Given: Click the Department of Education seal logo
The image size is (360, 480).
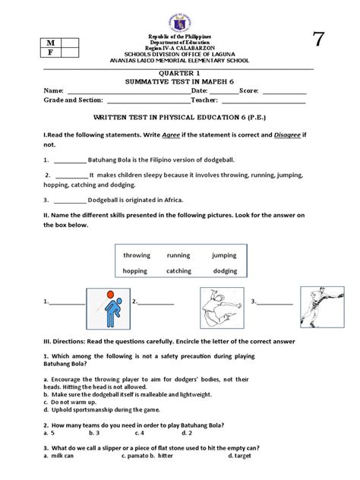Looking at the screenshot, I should coord(179,17).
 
